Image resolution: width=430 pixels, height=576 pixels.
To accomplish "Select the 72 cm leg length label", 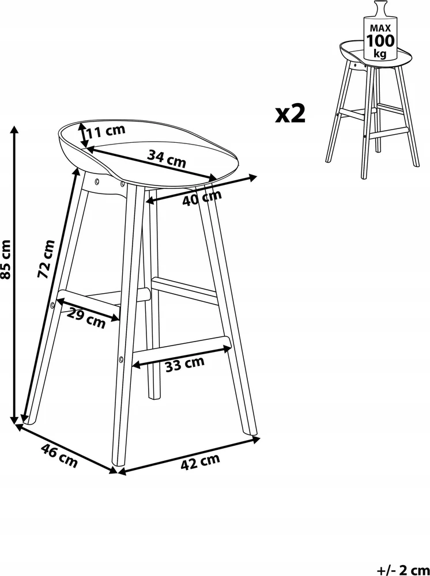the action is pos(46,259).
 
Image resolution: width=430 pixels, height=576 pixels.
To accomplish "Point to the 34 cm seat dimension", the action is pos(167,158).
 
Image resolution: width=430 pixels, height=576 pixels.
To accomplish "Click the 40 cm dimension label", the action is pos(202,198).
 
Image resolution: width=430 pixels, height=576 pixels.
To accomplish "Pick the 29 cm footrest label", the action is pos(86,318).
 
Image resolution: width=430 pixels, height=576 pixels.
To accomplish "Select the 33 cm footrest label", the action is pos(184,364).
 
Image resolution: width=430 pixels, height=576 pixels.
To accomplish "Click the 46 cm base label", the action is pos(59,456).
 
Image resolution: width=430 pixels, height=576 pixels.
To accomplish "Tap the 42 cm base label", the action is pos(200,461).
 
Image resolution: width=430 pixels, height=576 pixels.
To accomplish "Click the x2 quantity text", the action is pos(291,114).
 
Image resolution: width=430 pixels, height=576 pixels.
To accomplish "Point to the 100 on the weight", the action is pos(380,40).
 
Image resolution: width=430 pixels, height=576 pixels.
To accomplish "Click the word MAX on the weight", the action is pos(380,28).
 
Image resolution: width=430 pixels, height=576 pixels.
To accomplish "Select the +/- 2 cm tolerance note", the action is pos(403,570).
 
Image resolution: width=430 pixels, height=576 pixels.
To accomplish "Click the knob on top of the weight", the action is pos(380,8).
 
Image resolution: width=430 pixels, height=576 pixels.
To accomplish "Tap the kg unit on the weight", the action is pos(380,54).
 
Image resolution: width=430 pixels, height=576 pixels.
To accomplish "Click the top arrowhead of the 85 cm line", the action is pos(14,129).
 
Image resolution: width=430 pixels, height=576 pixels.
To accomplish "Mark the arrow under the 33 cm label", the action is pos(182,356).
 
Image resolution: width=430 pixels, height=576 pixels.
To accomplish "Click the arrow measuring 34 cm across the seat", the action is pos(152,164).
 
